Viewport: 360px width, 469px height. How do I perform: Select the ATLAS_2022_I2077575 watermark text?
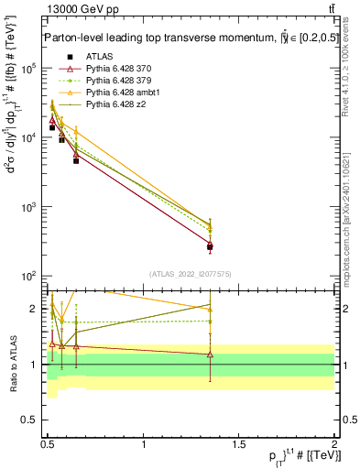[191, 274]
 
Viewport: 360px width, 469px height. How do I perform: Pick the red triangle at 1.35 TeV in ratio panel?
[210, 354]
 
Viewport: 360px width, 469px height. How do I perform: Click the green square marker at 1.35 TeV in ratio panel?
[210, 322]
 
